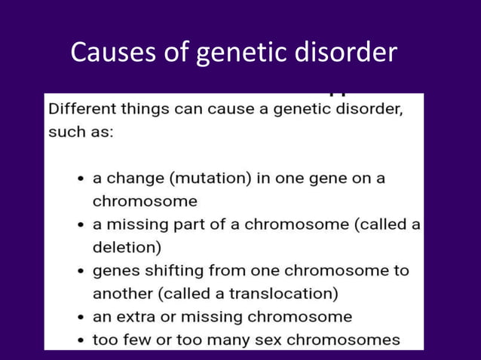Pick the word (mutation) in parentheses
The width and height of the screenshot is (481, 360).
click(x=199, y=178)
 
